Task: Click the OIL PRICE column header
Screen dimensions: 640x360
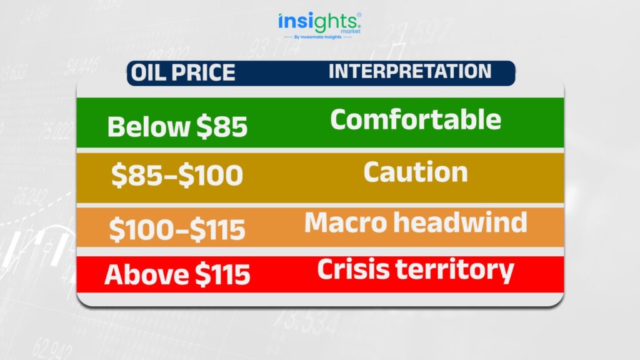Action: point(183,72)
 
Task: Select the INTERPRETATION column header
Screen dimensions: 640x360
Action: point(410,71)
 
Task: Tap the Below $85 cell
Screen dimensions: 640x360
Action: point(177,126)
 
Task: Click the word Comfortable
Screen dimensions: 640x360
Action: point(416,119)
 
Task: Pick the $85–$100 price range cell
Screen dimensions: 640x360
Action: point(177,175)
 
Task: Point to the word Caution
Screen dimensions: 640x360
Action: point(416,172)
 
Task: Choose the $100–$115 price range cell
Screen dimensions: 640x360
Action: point(177,229)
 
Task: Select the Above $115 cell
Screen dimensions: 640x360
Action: point(177,274)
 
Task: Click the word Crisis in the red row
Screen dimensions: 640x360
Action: point(353,269)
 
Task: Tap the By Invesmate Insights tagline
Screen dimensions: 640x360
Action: point(318,37)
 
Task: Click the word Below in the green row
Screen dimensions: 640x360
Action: point(149,126)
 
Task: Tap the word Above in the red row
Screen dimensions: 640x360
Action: point(146,274)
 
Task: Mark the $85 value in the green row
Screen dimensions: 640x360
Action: point(222,126)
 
